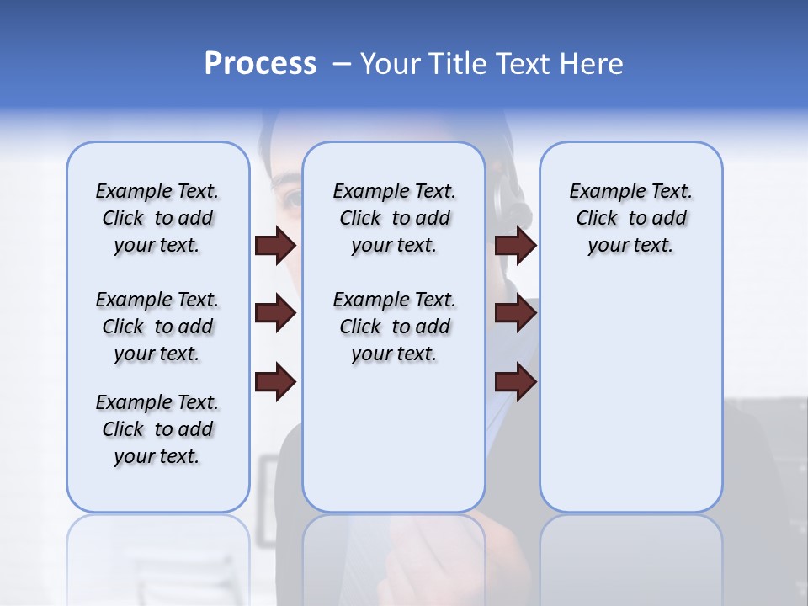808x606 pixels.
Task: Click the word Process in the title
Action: [260, 64]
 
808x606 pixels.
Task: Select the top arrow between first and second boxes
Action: [275, 245]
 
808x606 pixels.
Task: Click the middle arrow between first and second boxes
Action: [275, 313]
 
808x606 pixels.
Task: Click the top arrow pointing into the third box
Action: [515, 245]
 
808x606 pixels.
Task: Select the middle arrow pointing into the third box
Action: [515, 313]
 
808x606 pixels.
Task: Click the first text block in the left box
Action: [157, 218]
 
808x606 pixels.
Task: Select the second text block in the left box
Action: [157, 327]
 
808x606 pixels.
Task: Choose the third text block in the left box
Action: [157, 429]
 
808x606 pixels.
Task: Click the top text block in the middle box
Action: [394, 218]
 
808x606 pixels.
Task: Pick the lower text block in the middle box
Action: [394, 327]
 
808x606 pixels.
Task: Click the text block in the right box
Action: [630, 218]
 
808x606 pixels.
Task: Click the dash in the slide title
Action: [342, 64]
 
